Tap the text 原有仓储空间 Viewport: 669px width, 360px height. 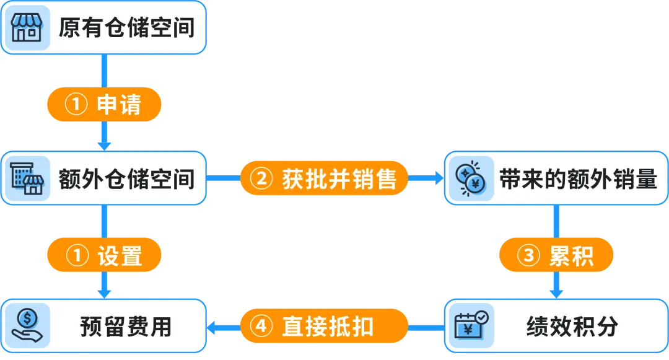click(126, 29)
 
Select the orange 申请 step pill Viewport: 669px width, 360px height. click(104, 105)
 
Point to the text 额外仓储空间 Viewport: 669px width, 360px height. click(126, 178)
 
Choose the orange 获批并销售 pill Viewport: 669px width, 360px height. click(324, 178)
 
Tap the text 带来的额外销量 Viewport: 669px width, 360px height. click(578, 178)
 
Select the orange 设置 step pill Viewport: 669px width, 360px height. click(104, 255)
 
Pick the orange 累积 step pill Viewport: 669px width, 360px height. click(556, 255)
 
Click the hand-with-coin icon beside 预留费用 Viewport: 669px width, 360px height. click(27, 326)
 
